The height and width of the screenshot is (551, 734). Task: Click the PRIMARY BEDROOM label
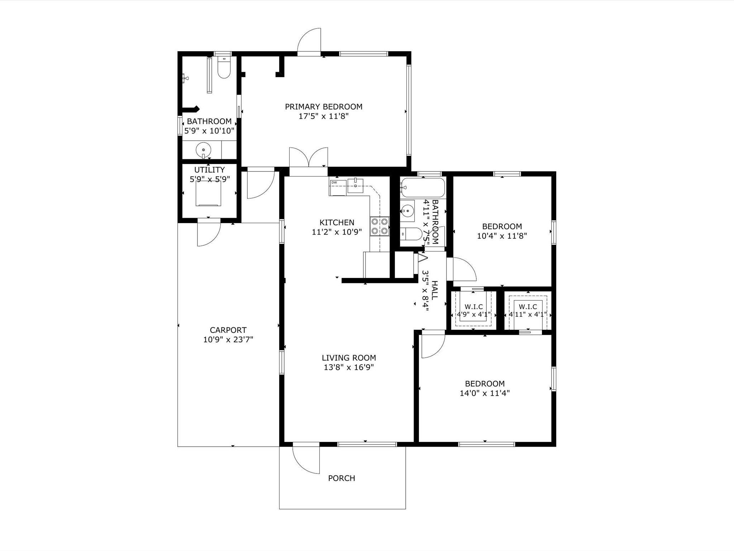tap(324, 107)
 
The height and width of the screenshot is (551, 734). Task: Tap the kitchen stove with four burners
tap(380, 226)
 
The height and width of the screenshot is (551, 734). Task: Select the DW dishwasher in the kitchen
tap(338, 188)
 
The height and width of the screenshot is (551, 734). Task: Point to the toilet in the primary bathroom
tap(224, 67)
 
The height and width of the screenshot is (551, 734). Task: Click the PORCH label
tap(342, 478)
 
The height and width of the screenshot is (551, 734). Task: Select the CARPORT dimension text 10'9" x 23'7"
tap(228, 339)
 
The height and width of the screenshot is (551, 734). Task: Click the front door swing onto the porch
tap(306, 460)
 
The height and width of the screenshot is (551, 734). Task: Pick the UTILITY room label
tap(209, 170)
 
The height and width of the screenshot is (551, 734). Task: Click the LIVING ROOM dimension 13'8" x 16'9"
tap(349, 367)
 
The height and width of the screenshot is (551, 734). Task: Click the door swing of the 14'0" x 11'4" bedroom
tap(433, 346)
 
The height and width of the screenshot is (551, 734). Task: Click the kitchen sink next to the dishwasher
tap(355, 186)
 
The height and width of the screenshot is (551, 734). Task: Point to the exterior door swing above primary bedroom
tap(309, 40)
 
